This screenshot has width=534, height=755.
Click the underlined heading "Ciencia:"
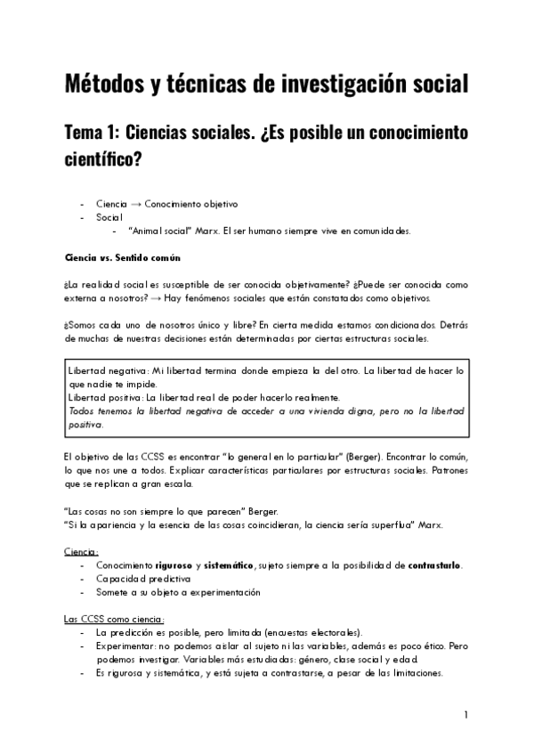pyautogui.click(x=81, y=552)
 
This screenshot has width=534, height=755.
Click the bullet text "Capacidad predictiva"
pyautogui.click(x=140, y=579)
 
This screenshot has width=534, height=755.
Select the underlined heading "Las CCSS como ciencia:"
pyautogui.click(x=114, y=620)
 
